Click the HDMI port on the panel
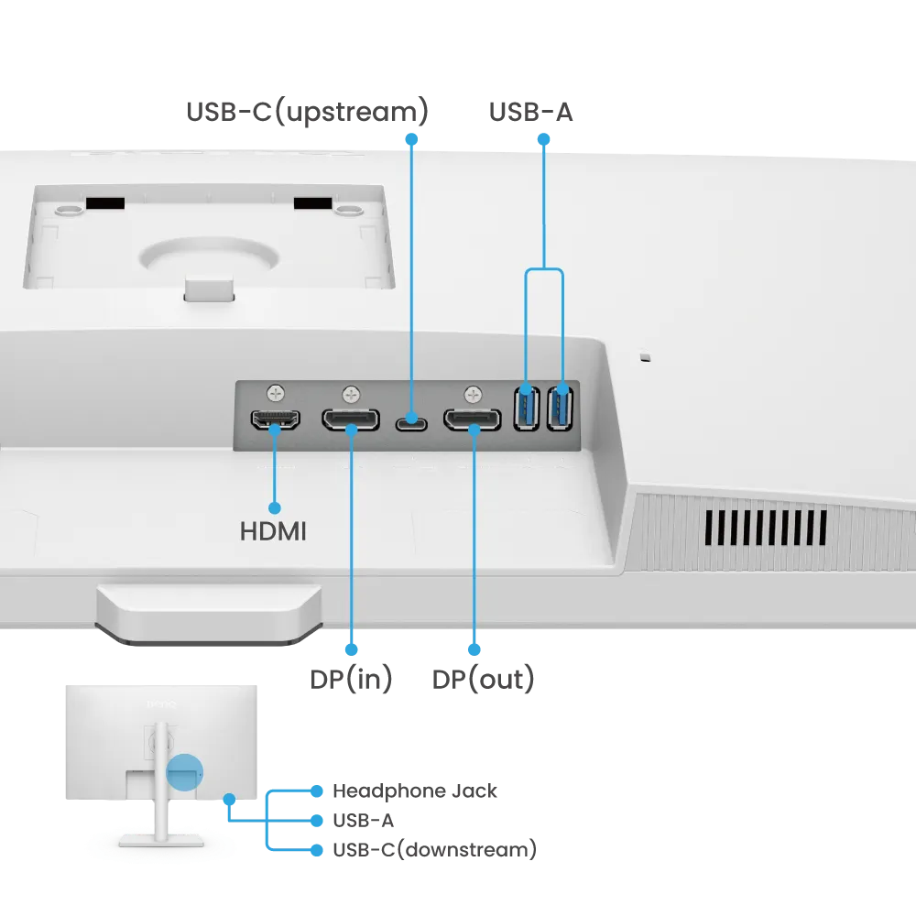[275, 420]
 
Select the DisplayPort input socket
[351, 420]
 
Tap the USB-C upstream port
[411, 423]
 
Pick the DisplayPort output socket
[473, 420]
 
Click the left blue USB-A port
[527, 408]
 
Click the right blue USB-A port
[560, 408]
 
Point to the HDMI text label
[273, 531]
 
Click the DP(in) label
[351, 679]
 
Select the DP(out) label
[483, 679]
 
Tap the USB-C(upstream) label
[307, 112]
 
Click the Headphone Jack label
[415, 791]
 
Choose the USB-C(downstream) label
[434, 849]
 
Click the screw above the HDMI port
[276, 393]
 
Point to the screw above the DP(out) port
[473, 394]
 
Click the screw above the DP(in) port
[351, 394]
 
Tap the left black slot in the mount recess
[105, 203]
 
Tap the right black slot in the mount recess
[312, 203]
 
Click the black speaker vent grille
[766, 528]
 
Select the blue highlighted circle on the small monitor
[185, 772]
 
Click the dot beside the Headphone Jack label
[317, 791]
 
